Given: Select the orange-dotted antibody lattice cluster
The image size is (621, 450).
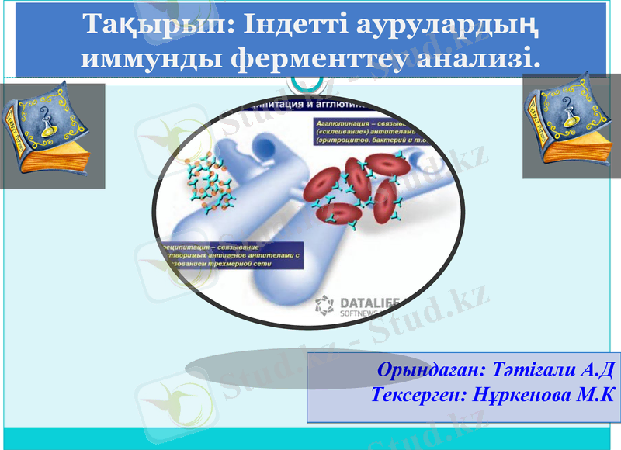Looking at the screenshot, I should coord(209,182).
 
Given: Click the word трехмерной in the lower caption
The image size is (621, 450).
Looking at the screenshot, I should coord(255,264).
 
